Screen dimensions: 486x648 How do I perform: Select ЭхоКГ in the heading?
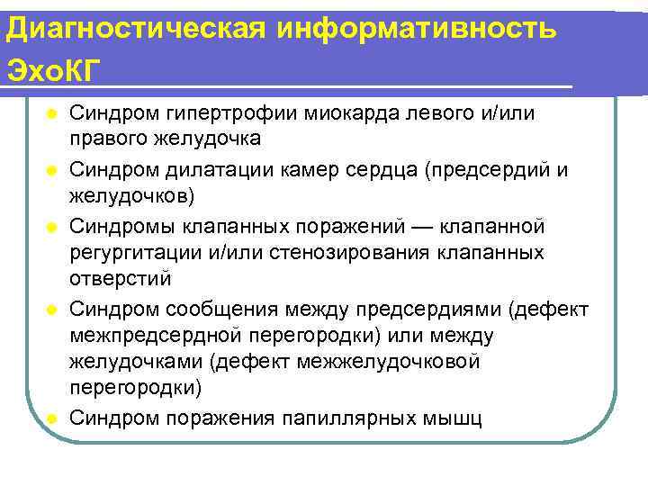coord(50,70)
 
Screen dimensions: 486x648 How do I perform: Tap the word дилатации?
coord(213,170)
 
